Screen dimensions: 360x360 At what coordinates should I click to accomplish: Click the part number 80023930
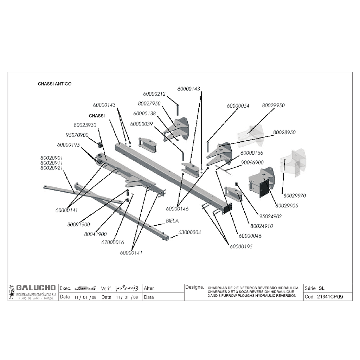coord(85,125)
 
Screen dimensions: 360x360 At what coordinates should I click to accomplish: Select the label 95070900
coord(77,135)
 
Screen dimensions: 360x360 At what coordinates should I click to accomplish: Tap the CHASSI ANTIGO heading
coord(54,84)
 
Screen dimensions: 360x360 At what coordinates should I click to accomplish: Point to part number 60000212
coord(154,94)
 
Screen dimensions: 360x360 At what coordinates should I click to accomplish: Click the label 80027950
coord(149,104)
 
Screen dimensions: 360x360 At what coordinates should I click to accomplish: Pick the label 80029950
coord(273,105)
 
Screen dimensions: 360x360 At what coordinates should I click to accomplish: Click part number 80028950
coord(284,133)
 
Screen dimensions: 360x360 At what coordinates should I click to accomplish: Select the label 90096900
coord(252,163)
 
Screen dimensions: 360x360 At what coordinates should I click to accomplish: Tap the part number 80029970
coord(295,195)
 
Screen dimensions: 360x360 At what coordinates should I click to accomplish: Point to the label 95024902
coord(270,217)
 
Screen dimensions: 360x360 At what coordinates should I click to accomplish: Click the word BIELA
coord(172,221)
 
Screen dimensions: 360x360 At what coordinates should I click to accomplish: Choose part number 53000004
coord(189,232)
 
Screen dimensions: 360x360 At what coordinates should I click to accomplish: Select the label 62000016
coord(112,242)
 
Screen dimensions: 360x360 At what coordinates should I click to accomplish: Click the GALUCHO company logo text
coord(33,288)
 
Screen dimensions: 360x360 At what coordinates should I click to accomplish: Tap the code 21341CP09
coord(329,297)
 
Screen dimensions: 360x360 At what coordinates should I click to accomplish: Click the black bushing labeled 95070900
coord(99,145)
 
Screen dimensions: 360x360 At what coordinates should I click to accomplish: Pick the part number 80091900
coord(78,225)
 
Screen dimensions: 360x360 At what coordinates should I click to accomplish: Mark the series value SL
coord(321,288)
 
